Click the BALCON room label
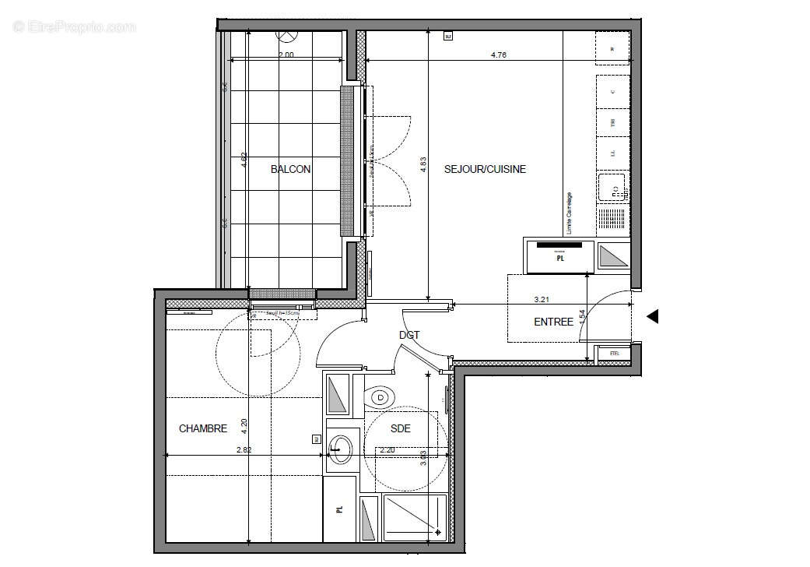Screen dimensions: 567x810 pyautogui.click(x=290, y=169)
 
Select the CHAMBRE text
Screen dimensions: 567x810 pyautogui.click(x=203, y=428)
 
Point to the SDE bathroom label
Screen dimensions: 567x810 pyautogui.click(x=400, y=428)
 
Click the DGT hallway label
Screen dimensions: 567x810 pyautogui.click(x=409, y=336)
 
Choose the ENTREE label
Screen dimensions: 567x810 pyautogui.click(x=553, y=322)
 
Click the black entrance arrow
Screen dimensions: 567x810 pyautogui.click(x=653, y=316)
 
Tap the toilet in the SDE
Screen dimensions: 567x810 pyautogui.click(x=380, y=398)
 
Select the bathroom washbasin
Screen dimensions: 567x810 pyautogui.click(x=340, y=449)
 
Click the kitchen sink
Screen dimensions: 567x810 pyautogui.click(x=612, y=188)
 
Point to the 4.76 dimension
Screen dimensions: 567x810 pyautogui.click(x=499, y=55)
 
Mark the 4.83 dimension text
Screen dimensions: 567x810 pyautogui.click(x=424, y=165)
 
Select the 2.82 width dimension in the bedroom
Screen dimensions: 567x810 pyautogui.click(x=244, y=449)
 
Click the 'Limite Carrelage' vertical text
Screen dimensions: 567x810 pyautogui.click(x=569, y=213)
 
